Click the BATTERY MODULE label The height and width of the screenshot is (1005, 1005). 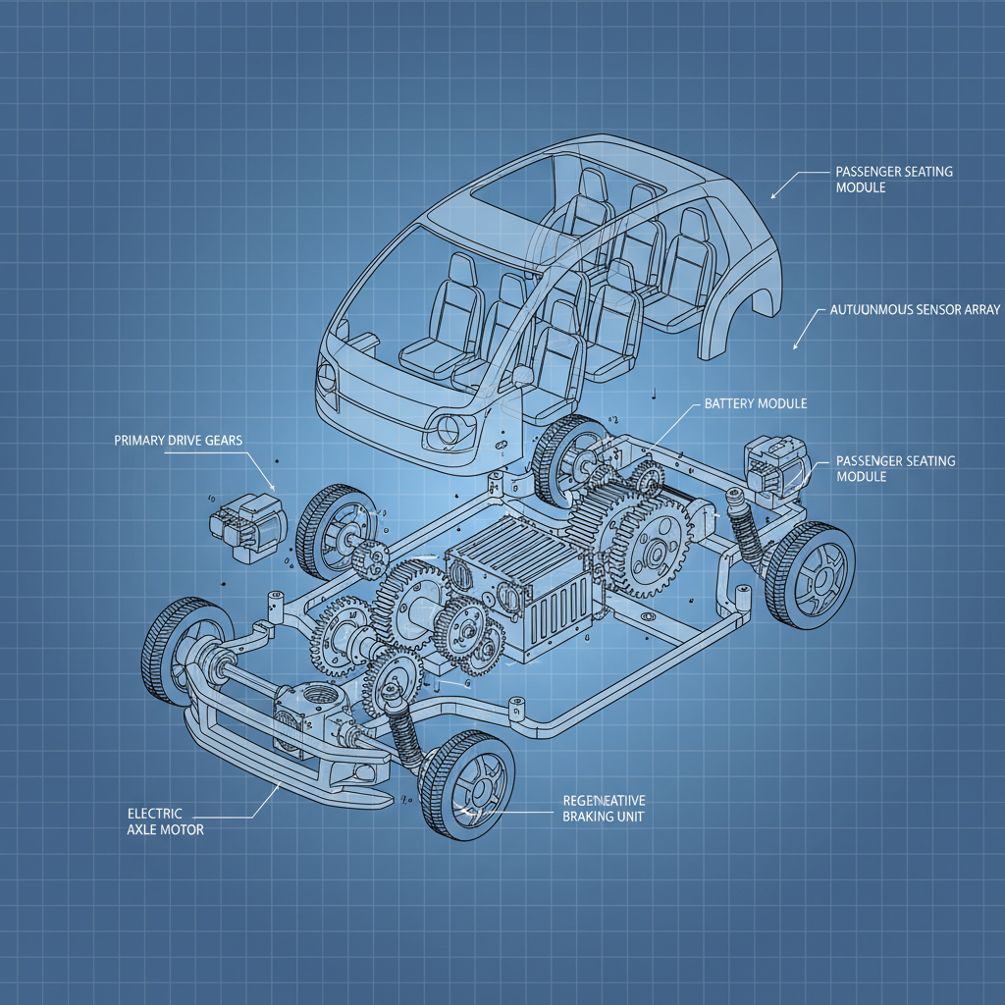click(x=756, y=403)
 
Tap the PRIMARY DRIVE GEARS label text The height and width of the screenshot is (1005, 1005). click(x=179, y=441)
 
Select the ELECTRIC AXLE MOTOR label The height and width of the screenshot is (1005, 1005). click(x=166, y=821)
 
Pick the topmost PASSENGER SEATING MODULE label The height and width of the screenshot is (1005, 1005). click(x=893, y=180)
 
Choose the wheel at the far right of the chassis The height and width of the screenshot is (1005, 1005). click(x=810, y=575)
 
